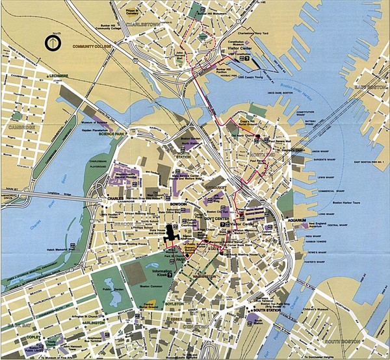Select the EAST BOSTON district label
tap(369, 86)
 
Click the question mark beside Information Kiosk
tap(170, 276)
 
